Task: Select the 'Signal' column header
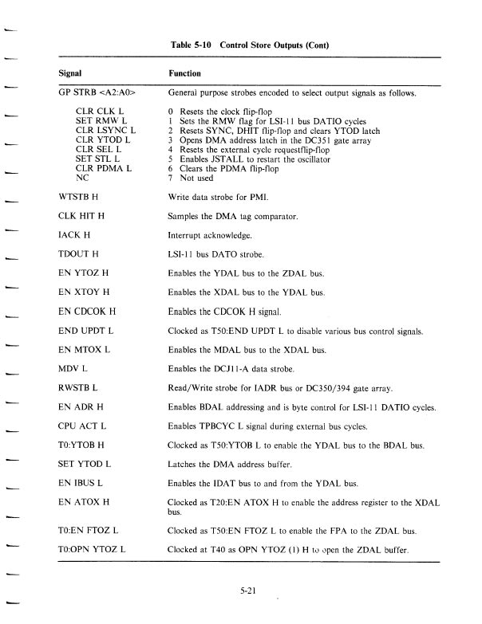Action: coord(71,72)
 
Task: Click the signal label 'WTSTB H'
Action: coord(77,196)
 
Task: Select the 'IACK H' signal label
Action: coord(74,235)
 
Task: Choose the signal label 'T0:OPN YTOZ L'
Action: coord(93,549)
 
